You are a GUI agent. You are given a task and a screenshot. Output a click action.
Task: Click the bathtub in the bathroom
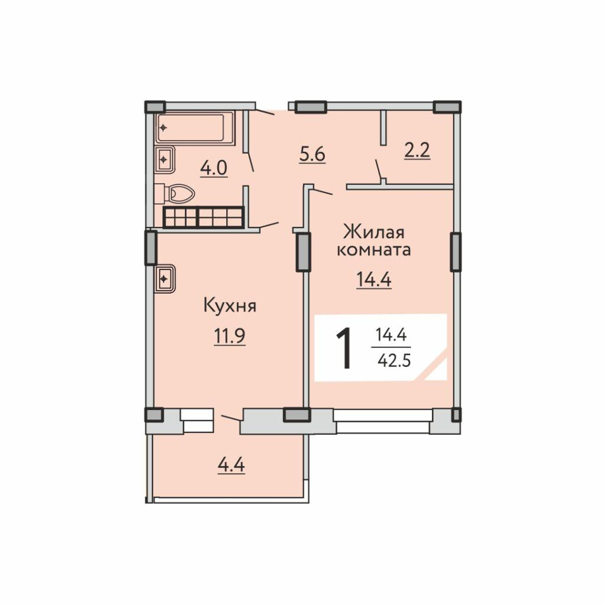(x=195, y=128)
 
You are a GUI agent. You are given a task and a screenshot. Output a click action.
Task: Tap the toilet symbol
(x=175, y=193)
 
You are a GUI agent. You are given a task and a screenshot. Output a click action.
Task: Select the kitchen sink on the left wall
(x=165, y=278)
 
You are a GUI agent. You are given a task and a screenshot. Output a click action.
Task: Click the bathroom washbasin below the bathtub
(x=165, y=159)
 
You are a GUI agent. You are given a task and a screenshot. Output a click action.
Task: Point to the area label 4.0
(x=214, y=168)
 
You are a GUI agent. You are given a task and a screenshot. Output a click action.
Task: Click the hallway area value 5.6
(x=313, y=154)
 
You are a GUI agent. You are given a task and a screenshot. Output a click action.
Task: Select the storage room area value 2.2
(x=417, y=151)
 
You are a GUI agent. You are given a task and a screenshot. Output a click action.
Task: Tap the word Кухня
(x=230, y=307)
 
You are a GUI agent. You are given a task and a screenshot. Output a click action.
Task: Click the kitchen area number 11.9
(x=230, y=336)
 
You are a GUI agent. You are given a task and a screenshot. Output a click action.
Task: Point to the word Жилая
(x=374, y=233)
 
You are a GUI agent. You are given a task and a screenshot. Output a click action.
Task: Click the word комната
(x=374, y=251)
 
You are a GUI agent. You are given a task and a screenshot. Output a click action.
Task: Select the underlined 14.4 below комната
(x=374, y=279)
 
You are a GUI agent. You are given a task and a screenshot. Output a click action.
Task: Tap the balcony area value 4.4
(x=232, y=466)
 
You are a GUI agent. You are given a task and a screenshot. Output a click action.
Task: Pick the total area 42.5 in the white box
(x=394, y=361)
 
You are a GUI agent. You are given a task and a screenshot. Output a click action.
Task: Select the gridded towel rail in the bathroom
(x=204, y=217)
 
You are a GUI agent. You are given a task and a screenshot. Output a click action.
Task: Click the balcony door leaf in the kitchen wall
(x=231, y=418)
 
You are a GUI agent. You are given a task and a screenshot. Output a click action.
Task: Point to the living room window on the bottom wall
(x=383, y=421)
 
